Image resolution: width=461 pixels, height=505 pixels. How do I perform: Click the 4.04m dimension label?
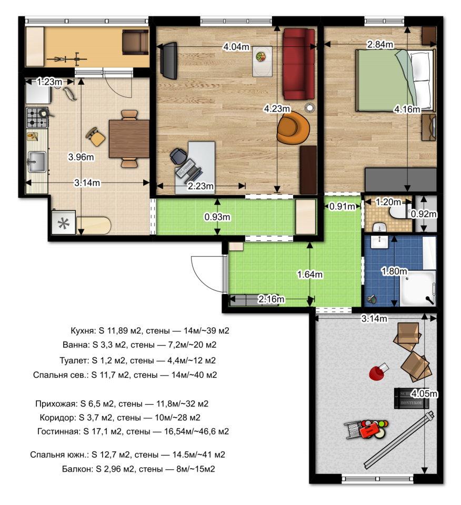point(236,47)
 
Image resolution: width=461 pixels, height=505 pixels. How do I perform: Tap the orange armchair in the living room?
point(293,127)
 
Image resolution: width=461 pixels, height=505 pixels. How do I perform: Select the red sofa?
point(298,64)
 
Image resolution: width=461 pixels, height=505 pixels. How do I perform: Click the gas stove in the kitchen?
point(37,117)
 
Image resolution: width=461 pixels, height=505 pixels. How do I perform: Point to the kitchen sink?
point(36,162)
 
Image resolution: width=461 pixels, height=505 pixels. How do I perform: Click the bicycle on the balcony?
point(67,59)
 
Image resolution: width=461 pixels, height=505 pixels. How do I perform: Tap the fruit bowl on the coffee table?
point(261,57)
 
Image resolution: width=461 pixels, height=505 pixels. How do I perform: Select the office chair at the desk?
point(178,157)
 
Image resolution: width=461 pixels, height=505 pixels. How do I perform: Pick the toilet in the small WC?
point(399,213)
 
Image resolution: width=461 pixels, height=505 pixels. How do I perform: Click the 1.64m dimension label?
point(309,275)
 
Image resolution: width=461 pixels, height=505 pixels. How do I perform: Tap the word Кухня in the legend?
point(83,331)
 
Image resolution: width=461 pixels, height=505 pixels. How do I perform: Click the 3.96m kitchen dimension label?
point(81,157)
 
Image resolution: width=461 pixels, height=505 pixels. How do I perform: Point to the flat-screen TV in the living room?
point(170,60)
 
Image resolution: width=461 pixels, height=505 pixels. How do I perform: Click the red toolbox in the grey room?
point(368,431)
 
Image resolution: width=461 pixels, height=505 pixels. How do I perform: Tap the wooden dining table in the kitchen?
point(129,138)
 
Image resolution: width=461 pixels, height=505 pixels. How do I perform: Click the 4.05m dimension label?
point(424,393)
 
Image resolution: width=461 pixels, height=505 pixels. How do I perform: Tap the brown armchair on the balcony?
point(135,42)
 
